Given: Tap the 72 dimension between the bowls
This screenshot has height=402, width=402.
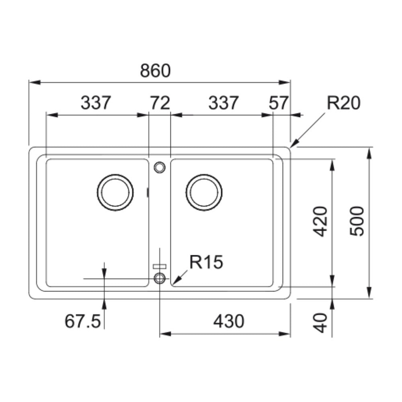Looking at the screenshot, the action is [160, 103].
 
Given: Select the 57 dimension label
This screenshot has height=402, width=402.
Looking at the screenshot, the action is [279, 103].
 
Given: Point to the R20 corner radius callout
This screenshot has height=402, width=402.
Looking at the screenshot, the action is [344, 103].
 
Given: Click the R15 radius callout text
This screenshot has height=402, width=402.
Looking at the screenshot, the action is [206, 262].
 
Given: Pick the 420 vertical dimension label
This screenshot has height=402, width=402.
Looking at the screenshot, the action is [320, 221].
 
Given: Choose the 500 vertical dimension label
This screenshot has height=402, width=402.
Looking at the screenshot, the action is [357, 221].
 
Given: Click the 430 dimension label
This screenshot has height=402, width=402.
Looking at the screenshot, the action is [229, 322].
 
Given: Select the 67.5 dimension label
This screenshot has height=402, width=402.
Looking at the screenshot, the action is [82, 322].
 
